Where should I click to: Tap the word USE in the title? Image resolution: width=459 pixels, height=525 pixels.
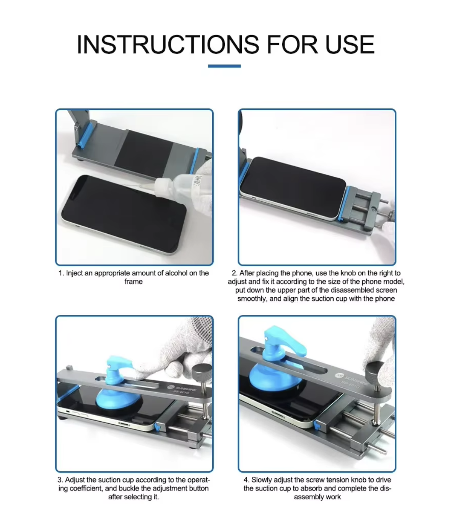coord(350,44)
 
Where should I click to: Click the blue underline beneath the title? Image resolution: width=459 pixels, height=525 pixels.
coord(225,66)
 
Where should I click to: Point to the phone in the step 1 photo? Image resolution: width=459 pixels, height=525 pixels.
coord(123,214)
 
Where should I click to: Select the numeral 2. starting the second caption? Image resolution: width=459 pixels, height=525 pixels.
coord(234,273)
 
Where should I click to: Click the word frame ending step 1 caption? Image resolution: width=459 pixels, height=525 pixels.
coord(133,282)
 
